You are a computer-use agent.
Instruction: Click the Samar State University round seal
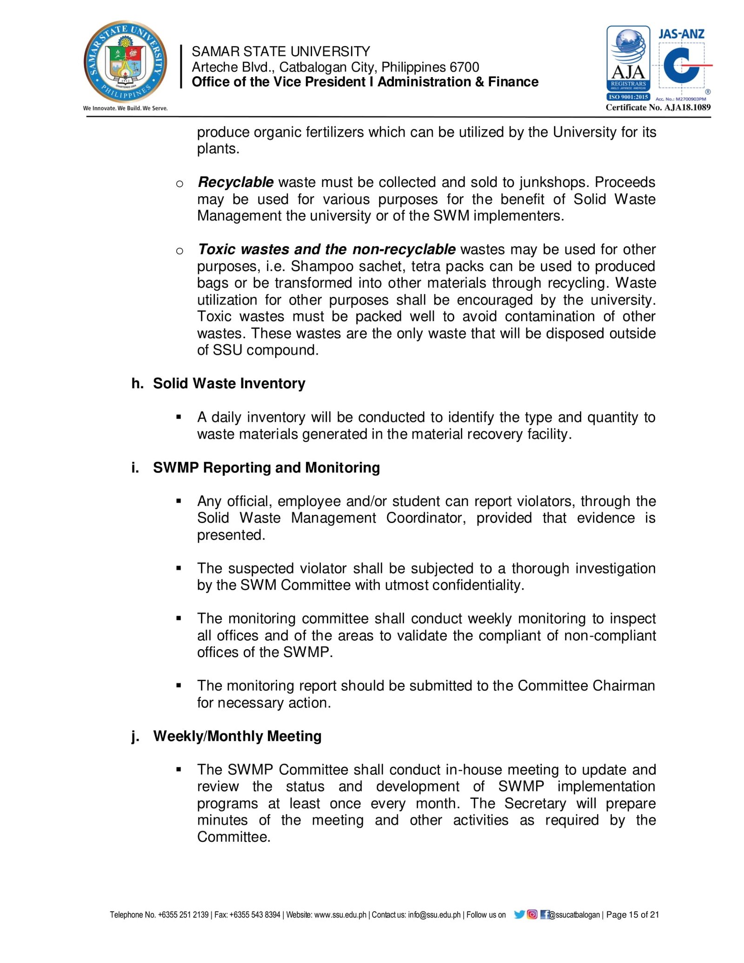(126, 61)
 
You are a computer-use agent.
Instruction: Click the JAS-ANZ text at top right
(681, 34)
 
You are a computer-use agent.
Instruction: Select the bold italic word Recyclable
(236, 182)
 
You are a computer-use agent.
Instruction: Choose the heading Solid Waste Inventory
(229, 384)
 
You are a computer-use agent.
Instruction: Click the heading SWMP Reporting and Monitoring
(266, 468)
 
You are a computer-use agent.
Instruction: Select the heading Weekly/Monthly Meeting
(237, 737)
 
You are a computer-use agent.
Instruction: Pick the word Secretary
(535, 804)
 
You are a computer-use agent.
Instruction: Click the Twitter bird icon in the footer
(519, 915)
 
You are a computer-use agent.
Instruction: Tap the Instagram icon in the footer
(532, 915)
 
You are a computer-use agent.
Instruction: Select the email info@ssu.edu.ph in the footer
(434, 915)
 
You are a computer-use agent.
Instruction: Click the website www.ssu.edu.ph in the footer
(340, 915)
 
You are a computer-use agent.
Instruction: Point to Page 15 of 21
(632, 915)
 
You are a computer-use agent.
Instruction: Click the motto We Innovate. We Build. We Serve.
(125, 108)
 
